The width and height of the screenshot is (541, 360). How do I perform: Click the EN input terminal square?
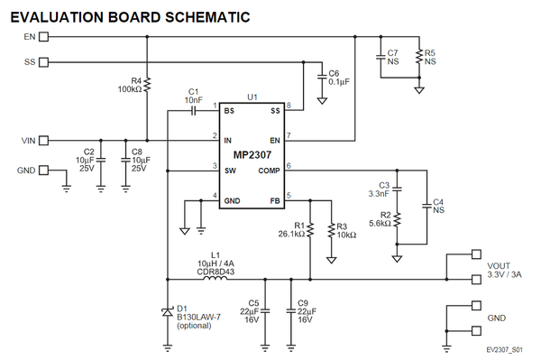[44, 37]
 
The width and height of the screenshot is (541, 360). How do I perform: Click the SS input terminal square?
[44, 62]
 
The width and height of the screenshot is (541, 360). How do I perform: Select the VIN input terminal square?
[44, 141]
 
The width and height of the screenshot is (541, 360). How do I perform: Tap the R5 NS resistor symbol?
[418, 58]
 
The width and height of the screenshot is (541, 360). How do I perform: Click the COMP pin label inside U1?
[270, 170]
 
